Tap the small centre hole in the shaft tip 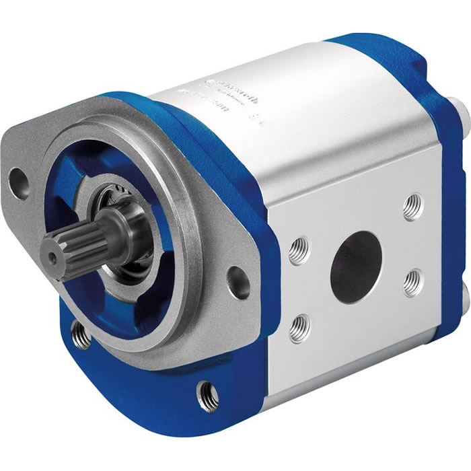50,255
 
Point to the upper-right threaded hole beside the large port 412,207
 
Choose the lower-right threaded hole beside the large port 413,283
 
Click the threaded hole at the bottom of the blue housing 207,394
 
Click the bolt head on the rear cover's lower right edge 466,296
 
